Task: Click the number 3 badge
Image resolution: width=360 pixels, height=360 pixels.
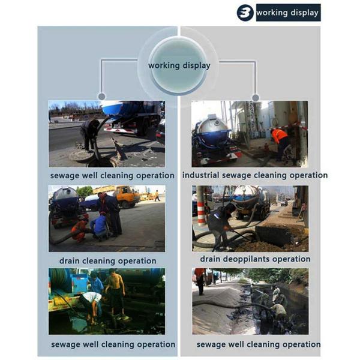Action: tap(245, 13)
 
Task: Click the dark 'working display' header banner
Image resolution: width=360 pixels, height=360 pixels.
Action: tap(289, 13)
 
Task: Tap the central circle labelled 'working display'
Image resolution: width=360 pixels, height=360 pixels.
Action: tap(179, 65)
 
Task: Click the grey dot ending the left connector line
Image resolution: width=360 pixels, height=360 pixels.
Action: tap(102, 97)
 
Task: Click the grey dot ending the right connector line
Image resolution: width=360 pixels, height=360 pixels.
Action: tap(256, 98)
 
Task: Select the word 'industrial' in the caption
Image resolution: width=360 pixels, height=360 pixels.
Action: tap(200, 175)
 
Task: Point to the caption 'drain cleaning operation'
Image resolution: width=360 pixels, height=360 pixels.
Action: tap(107, 261)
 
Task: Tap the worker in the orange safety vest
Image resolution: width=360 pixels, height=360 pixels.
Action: tap(280, 143)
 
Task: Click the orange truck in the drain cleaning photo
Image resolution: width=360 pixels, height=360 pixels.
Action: tap(126, 196)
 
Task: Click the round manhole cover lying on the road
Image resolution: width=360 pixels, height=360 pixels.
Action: tap(82, 155)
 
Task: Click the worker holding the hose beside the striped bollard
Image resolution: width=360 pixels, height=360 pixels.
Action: tap(220, 226)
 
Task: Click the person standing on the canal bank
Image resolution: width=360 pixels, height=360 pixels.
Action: tap(200, 281)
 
